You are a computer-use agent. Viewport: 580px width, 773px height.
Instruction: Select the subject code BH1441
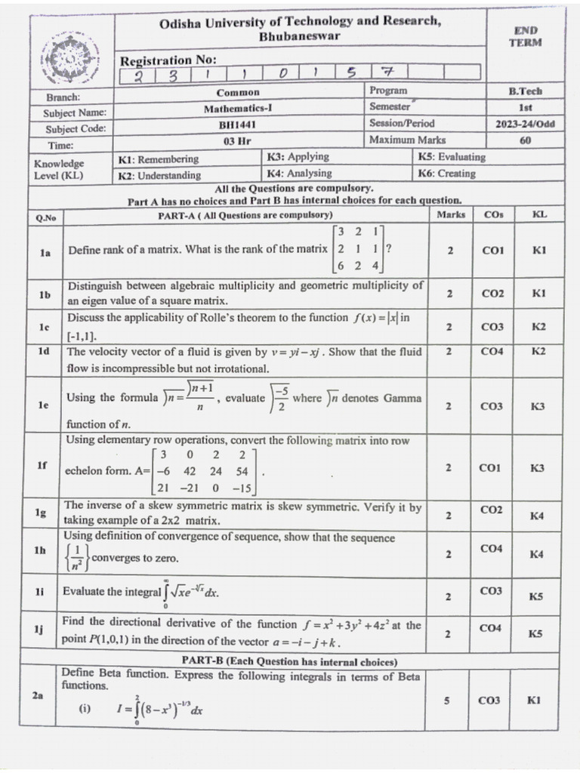(x=238, y=125)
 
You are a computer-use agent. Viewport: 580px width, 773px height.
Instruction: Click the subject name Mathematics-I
(x=238, y=108)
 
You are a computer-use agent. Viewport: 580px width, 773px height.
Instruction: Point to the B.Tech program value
(x=524, y=91)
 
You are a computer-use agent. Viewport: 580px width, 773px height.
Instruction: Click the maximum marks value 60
(x=525, y=140)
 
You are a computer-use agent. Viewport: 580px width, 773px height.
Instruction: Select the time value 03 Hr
(x=237, y=141)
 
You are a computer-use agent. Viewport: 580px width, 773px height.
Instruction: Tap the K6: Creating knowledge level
(x=446, y=174)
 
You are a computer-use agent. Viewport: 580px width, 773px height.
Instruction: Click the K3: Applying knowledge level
(x=298, y=157)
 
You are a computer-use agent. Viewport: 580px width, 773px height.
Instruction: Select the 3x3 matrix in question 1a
(x=359, y=249)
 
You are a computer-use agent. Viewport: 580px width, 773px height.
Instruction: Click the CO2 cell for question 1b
(x=492, y=294)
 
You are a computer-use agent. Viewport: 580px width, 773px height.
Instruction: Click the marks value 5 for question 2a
(x=447, y=701)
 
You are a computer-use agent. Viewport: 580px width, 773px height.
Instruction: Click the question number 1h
(x=40, y=551)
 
